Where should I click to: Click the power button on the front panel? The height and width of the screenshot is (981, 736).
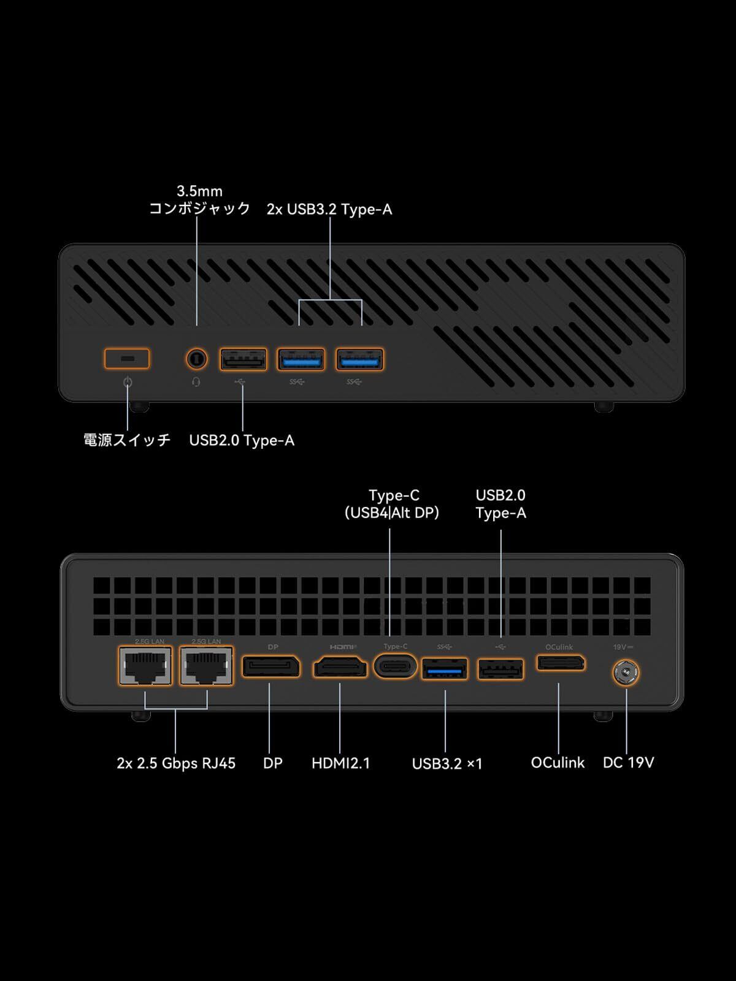pyautogui.click(x=127, y=359)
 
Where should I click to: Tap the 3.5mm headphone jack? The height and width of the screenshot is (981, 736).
pyautogui.click(x=196, y=359)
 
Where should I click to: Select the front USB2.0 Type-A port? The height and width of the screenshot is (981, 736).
pyautogui.click(x=243, y=359)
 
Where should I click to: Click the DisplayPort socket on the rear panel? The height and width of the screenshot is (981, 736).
pyautogui.click(x=271, y=666)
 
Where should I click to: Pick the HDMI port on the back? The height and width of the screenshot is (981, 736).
pyautogui.click(x=340, y=667)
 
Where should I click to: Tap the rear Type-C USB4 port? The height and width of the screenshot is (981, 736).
pyautogui.click(x=395, y=666)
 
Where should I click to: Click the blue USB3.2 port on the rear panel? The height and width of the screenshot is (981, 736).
pyautogui.click(x=445, y=669)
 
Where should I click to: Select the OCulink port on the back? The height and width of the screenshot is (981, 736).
pyautogui.click(x=561, y=663)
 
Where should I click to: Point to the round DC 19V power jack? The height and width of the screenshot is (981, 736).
pyautogui.click(x=626, y=673)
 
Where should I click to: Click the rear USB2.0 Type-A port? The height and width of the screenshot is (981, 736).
pyautogui.click(x=500, y=670)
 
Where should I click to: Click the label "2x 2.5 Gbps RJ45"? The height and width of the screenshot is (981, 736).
pyautogui.click(x=176, y=763)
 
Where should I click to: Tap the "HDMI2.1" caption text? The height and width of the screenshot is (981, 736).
pyautogui.click(x=340, y=763)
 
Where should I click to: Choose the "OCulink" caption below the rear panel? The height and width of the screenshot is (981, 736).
pyautogui.click(x=558, y=763)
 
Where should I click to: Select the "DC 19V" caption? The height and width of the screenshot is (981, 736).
pyautogui.click(x=628, y=763)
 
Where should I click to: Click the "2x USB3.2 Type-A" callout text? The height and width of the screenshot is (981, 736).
pyautogui.click(x=329, y=210)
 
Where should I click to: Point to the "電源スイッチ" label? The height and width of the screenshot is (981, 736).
pyautogui.click(x=127, y=440)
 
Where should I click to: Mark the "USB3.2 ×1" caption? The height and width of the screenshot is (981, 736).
pyautogui.click(x=447, y=764)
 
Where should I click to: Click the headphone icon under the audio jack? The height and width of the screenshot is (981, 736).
pyautogui.click(x=196, y=382)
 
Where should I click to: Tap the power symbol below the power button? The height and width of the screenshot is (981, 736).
pyautogui.click(x=128, y=383)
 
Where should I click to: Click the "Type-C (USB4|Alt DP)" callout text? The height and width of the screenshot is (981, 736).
pyautogui.click(x=392, y=504)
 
